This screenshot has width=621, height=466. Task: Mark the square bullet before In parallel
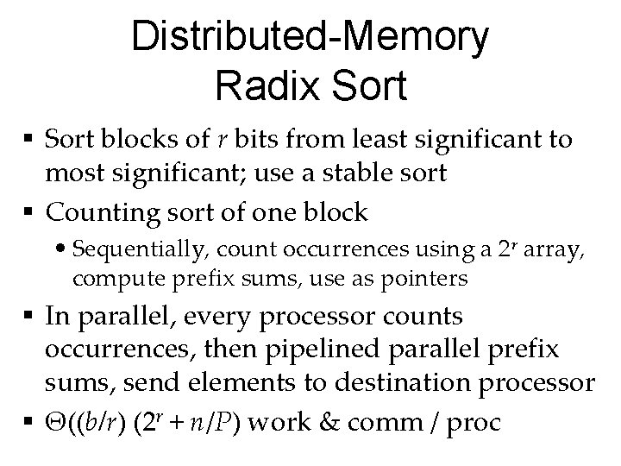point(34,317)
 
